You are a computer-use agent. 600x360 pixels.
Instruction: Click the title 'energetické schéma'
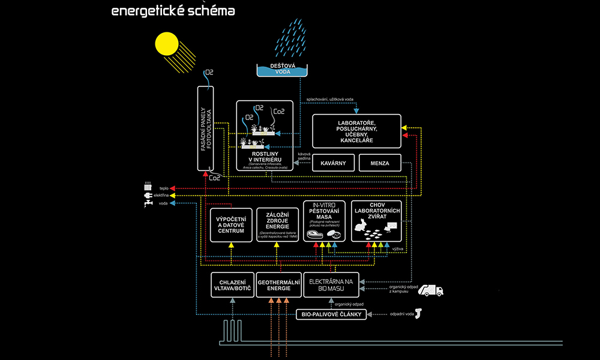click(x=173, y=11)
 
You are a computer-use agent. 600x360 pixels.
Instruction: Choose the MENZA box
click(x=380, y=163)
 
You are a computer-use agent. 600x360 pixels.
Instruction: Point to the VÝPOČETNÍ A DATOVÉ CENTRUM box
click(x=231, y=225)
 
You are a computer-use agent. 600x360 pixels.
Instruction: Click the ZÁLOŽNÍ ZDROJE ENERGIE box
click(x=277, y=225)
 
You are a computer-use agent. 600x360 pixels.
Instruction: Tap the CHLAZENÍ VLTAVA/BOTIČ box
click(x=231, y=284)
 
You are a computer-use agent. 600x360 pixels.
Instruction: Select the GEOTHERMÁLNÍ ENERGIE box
click(x=278, y=284)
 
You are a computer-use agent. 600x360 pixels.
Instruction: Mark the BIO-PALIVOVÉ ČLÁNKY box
click(x=332, y=314)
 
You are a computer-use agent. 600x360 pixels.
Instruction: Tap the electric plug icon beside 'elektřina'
click(x=148, y=195)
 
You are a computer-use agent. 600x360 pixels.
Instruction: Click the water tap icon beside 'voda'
click(x=148, y=204)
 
